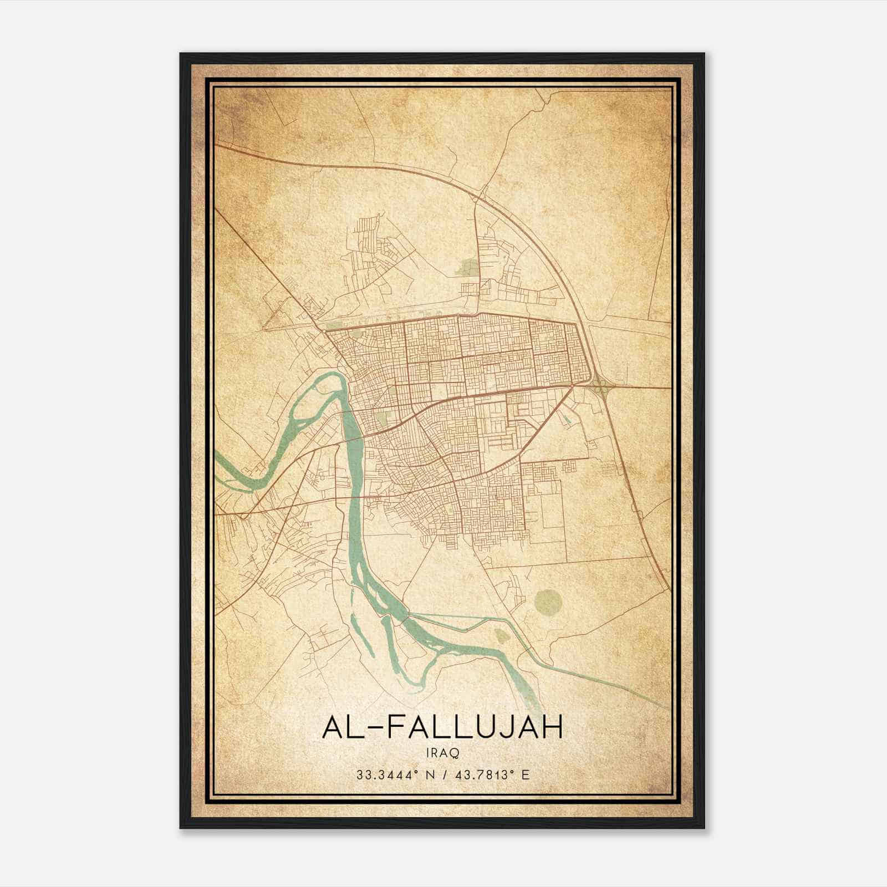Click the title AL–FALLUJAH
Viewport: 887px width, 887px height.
pyautogui.click(x=442, y=727)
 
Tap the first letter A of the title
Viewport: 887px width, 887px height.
pyautogui.click(x=333, y=727)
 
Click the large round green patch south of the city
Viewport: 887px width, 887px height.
pyautogui.click(x=548, y=600)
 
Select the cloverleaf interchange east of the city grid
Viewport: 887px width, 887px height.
pyautogui.click(x=599, y=384)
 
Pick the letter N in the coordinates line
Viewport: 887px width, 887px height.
pyautogui.click(x=426, y=774)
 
